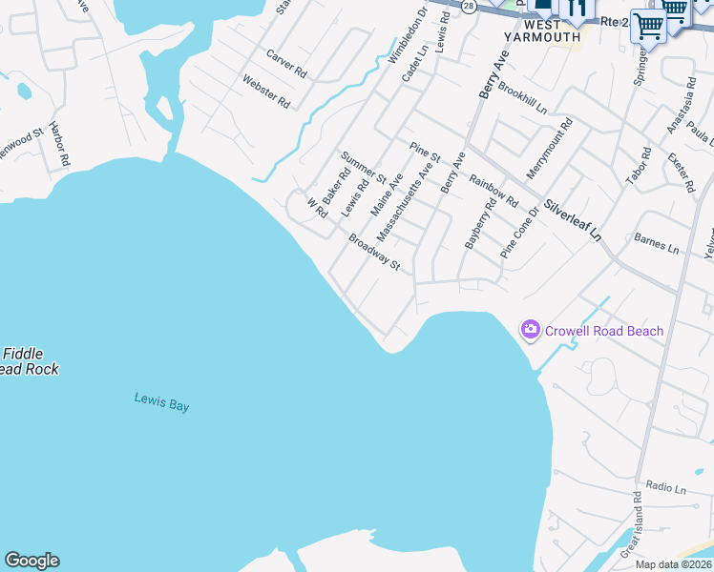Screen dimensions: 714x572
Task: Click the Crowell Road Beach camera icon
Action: (x=530, y=330)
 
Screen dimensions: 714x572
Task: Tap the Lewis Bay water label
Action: (x=161, y=403)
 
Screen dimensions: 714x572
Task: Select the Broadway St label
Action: (x=373, y=253)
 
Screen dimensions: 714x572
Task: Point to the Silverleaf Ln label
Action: (x=574, y=218)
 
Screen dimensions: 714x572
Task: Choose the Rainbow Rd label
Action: (x=493, y=189)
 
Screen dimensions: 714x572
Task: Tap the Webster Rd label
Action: (x=266, y=92)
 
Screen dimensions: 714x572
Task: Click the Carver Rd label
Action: (x=286, y=65)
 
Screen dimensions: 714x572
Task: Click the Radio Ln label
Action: (x=665, y=489)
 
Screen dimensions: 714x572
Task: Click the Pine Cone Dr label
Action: (x=520, y=234)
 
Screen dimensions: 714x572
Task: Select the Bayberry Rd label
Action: (x=480, y=224)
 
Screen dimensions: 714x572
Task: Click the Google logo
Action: (x=31, y=561)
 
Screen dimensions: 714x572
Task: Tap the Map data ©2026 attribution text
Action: (x=673, y=564)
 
